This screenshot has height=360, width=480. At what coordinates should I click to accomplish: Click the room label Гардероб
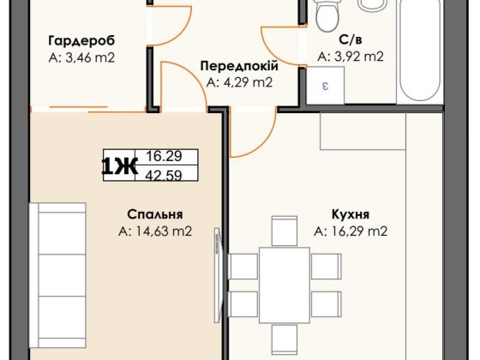(x=81, y=40)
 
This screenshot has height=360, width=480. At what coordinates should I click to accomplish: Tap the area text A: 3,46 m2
(x=81, y=58)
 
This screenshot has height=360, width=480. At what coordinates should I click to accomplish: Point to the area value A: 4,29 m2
(x=239, y=83)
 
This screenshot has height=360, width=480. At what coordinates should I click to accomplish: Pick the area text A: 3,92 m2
(x=350, y=57)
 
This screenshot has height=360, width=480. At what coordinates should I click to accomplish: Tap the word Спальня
(x=154, y=214)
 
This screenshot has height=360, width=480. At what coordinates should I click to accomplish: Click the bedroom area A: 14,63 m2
(x=154, y=231)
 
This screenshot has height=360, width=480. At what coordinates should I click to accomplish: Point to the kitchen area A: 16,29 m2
(x=351, y=231)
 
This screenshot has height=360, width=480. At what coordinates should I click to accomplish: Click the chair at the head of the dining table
(x=284, y=230)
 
